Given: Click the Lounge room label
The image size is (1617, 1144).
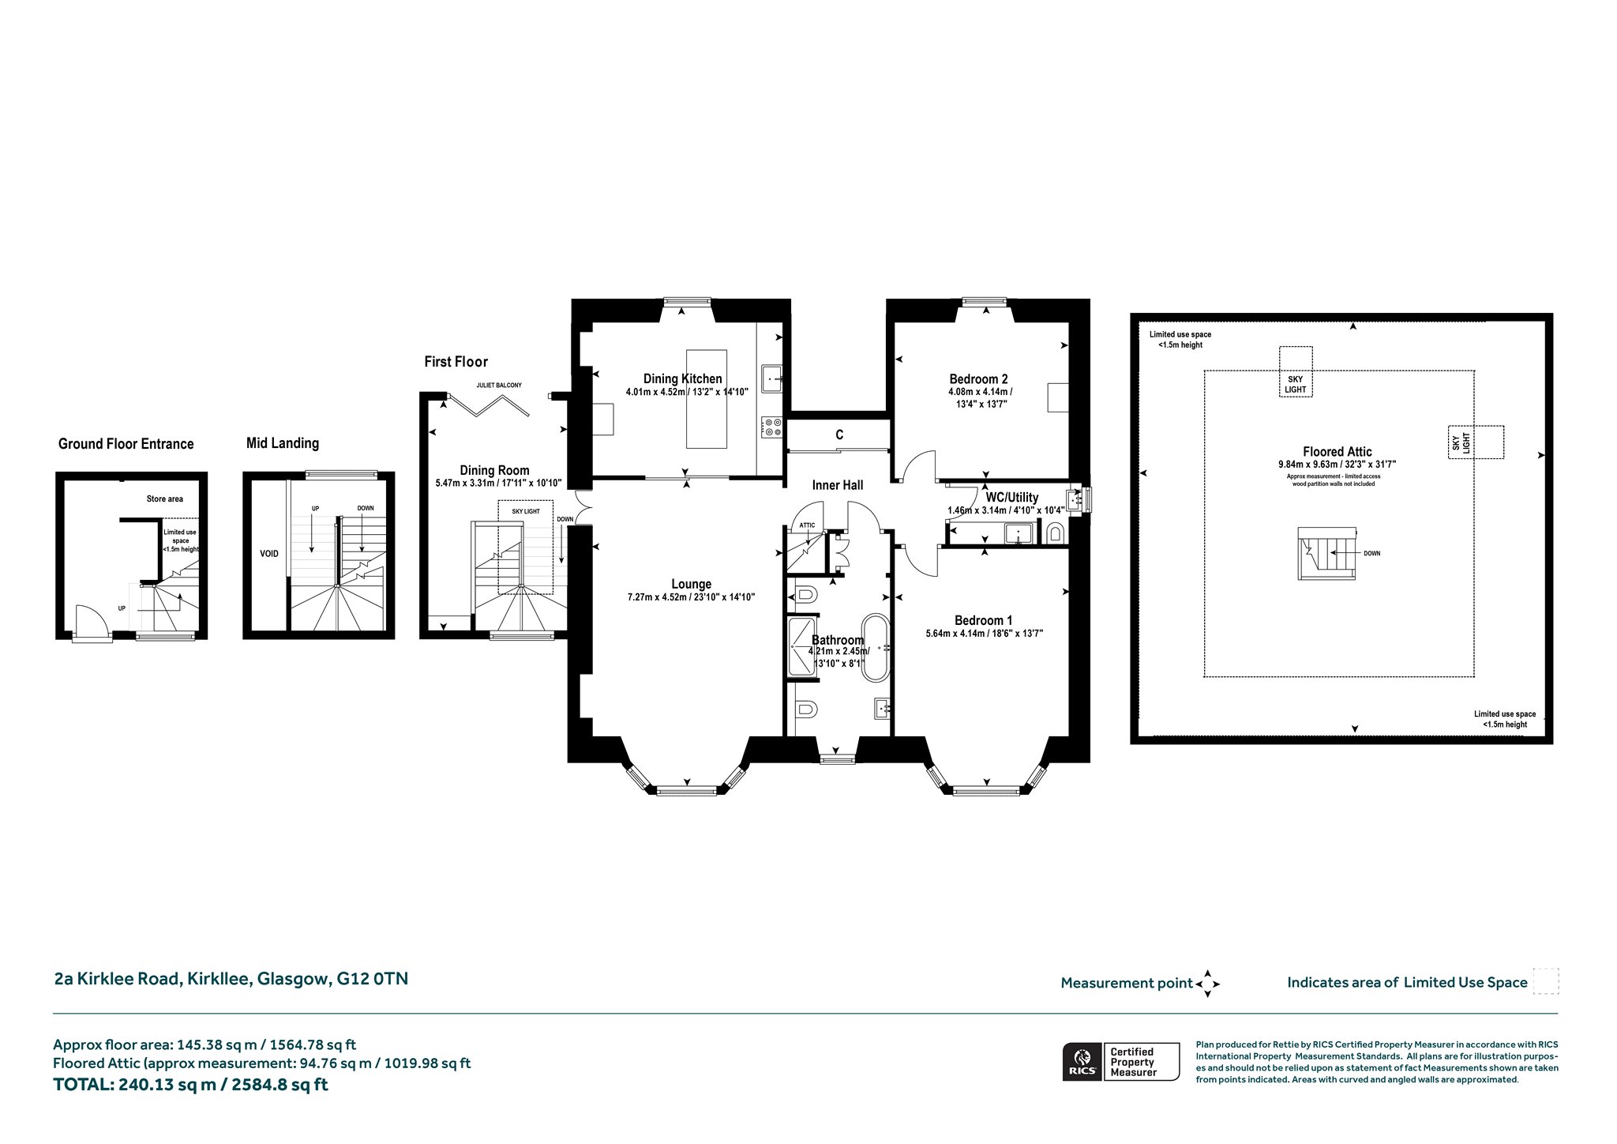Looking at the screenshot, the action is click(x=692, y=585).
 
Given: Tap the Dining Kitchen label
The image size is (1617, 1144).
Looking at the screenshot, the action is click(x=683, y=379).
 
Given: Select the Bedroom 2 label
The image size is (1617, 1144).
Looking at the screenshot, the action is click(x=979, y=379).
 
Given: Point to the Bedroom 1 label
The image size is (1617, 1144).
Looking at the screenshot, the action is click(x=984, y=620).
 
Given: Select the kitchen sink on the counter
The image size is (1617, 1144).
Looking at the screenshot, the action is click(x=771, y=378).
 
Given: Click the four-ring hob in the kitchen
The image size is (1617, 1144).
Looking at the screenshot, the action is click(x=771, y=427).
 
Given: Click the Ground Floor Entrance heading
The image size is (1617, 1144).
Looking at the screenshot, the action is click(x=126, y=444).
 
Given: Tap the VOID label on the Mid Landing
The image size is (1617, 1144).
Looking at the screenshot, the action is click(x=269, y=554).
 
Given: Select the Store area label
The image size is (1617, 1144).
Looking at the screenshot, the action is click(x=165, y=499).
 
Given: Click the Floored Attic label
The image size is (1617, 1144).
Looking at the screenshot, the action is click(x=1338, y=452).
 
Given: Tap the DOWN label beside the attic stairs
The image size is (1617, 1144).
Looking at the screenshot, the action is click(x=1372, y=554).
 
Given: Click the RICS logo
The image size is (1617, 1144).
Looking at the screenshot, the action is click(x=1080, y=1061).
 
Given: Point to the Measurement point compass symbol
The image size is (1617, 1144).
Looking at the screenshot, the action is click(x=1208, y=984).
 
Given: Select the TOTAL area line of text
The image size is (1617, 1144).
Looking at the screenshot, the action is click(x=190, y=1085).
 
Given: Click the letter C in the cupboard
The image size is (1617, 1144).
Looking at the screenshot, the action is click(x=839, y=435).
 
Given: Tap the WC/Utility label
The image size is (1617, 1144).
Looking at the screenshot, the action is click(x=1012, y=498).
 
